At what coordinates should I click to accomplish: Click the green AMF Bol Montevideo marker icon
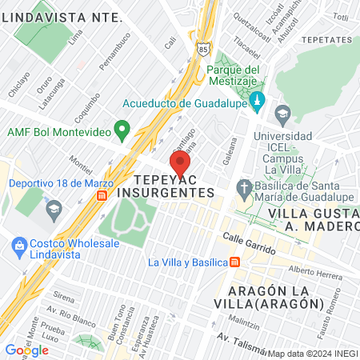122,128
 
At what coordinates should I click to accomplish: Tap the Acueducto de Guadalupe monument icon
257,102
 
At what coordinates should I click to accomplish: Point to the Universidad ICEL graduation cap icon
282,114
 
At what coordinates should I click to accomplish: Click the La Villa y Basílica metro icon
234,262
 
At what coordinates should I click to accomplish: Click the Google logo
26,350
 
